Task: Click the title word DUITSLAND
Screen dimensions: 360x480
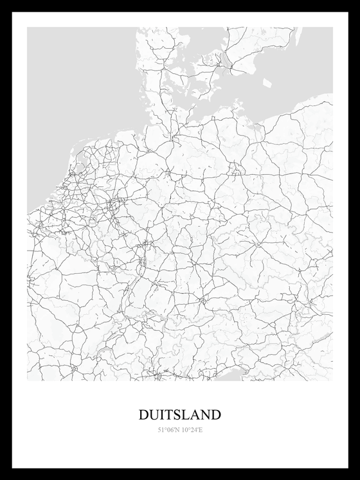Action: [180, 415]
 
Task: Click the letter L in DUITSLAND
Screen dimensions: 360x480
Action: [186, 415]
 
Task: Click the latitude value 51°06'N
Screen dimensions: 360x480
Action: [168, 430]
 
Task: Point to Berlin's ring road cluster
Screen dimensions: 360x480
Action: [237, 171]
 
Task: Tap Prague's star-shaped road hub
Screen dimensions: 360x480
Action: [258, 244]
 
